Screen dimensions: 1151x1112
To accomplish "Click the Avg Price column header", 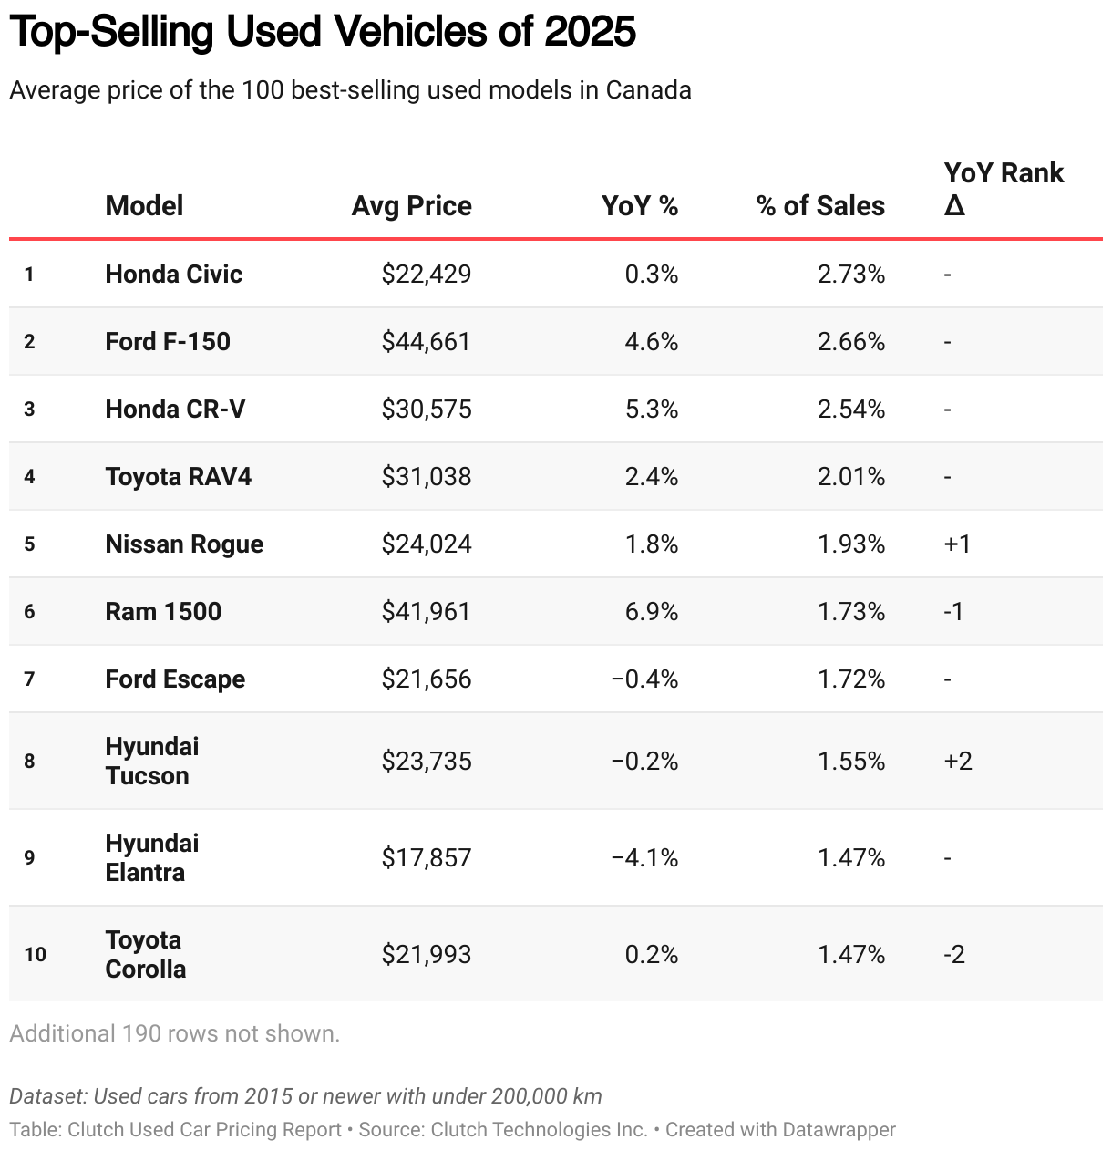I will tap(411, 206).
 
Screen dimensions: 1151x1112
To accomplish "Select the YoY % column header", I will tap(640, 206).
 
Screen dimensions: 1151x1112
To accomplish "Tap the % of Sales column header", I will tap(820, 206).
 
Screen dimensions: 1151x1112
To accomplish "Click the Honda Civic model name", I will tap(173, 274).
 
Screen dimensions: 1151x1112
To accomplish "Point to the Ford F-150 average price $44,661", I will tap(426, 341).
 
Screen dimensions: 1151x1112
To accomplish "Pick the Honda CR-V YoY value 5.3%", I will tap(651, 409).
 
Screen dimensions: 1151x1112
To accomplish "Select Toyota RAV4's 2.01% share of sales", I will tap(850, 476).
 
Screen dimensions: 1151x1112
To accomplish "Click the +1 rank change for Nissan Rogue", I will tap(957, 544).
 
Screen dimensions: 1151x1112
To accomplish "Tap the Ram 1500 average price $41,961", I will tap(426, 611).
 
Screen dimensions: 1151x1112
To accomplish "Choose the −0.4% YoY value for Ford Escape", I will tap(644, 679).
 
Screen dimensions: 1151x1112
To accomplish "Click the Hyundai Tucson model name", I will tap(151, 761).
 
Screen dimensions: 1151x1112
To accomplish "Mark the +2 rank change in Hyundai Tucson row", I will tap(958, 761).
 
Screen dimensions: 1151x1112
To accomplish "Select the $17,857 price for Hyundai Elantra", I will tap(426, 857).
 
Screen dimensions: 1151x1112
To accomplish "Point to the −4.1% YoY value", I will tap(644, 857).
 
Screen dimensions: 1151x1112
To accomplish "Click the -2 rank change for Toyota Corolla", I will tap(954, 954).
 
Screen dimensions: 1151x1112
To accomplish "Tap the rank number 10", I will tap(35, 954).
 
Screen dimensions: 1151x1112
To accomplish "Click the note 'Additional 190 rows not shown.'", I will tap(174, 1033).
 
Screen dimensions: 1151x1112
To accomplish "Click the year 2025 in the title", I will tap(590, 32).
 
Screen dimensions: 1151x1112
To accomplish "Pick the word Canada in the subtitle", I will tap(648, 90).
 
